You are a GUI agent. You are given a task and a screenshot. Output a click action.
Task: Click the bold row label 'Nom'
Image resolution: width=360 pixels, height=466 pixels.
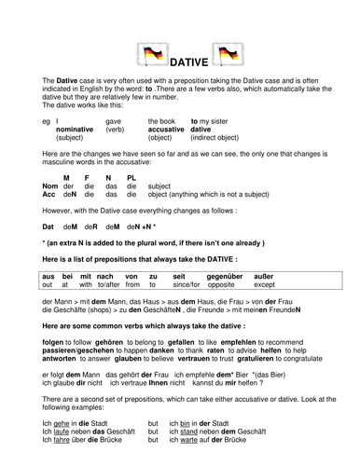pyautogui.click(x=52, y=186)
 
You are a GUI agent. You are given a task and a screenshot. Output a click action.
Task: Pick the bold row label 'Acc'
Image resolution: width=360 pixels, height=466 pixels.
pyautogui.click(x=51, y=196)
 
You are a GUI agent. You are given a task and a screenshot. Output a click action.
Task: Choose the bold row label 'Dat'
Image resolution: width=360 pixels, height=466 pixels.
pyautogui.click(x=49, y=226)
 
